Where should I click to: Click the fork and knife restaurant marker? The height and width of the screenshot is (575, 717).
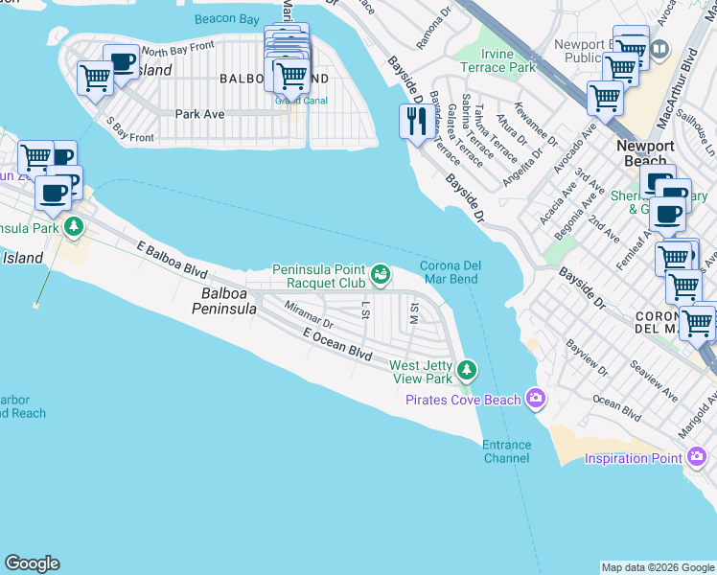pos(415,122)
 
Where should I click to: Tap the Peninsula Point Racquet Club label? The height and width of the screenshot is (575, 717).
pos(319,276)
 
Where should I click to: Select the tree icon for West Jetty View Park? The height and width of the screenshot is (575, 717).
pos(467,369)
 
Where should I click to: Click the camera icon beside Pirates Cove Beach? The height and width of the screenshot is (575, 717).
pos(534,399)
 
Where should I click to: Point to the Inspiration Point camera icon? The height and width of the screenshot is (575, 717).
pos(693,458)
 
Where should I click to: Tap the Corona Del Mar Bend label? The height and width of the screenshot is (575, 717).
pos(450,273)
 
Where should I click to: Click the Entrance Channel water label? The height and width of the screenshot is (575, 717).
pos(506,451)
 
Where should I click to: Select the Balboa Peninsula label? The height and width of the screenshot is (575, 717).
pos(224,300)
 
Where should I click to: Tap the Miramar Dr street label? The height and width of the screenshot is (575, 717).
pos(308,315)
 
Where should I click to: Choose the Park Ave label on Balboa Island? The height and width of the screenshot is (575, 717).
pos(199,114)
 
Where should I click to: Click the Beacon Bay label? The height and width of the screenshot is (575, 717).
pos(226,18)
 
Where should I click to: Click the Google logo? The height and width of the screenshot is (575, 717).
pos(32,563)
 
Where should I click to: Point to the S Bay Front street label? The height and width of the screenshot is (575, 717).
pos(129,130)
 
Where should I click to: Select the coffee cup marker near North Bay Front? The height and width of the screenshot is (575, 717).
pos(121,63)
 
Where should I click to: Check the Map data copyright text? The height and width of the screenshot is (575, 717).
pos(658,567)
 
